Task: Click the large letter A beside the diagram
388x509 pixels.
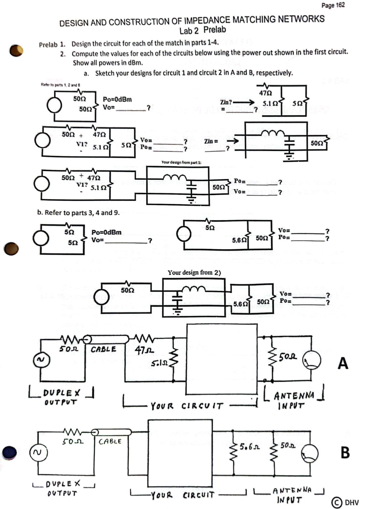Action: click(343, 363)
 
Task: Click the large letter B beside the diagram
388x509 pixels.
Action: click(345, 452)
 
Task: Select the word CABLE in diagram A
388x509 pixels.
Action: click(103, 349)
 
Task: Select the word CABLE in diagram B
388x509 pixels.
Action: click(110, 441)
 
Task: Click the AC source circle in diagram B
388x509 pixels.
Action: click(37, 452)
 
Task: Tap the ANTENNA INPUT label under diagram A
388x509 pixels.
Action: click(294, 401)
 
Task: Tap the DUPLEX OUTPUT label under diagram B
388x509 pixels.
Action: click(63, 489)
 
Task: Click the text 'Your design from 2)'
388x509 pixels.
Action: click(194, 273)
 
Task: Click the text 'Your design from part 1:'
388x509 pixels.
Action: click(181, 162)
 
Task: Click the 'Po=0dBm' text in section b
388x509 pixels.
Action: click(106, 232)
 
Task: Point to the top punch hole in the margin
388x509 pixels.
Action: click(16, 51)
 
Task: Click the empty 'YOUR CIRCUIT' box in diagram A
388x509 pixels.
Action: click(221, 359)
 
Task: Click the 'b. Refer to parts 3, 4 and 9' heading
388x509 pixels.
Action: click(78, 213)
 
